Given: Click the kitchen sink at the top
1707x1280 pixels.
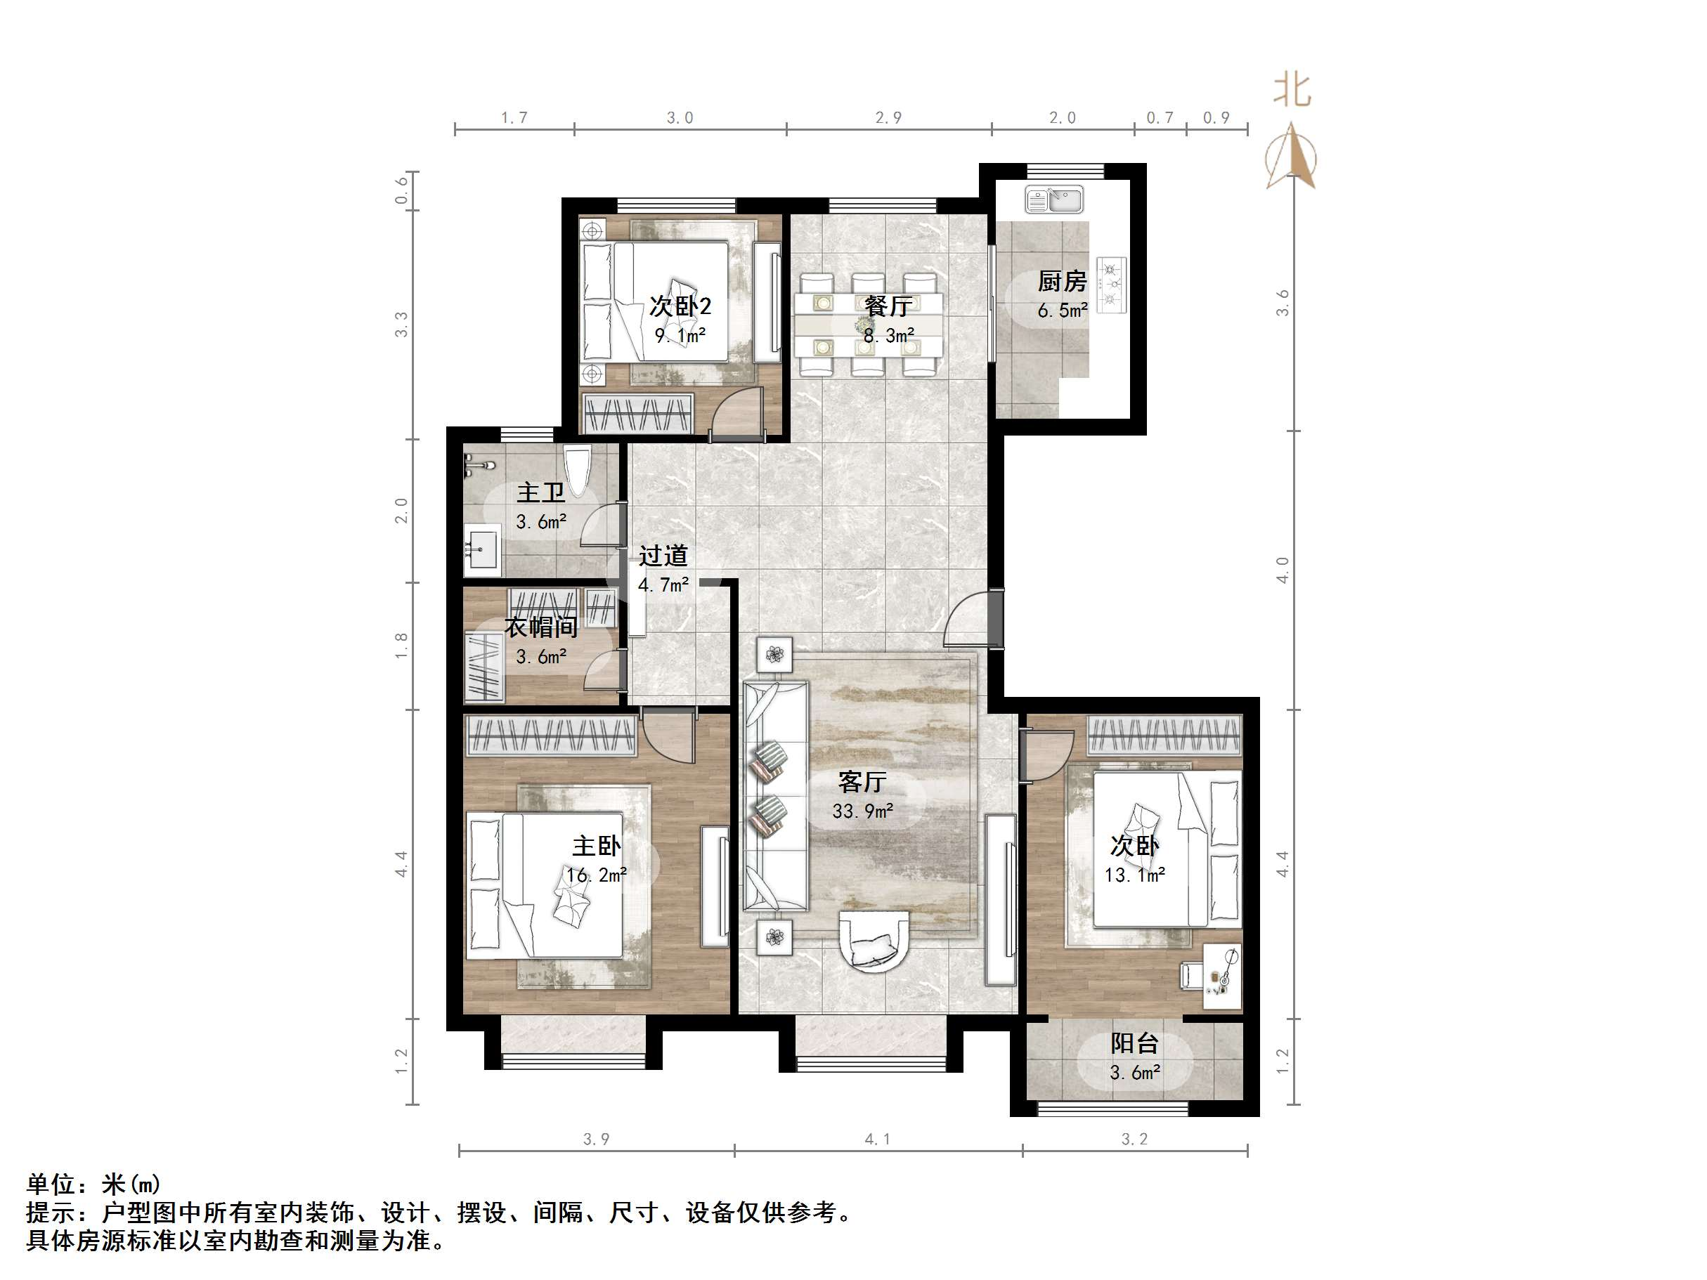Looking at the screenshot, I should [1054, 200].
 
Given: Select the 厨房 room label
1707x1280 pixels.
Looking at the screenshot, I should [1061, 282].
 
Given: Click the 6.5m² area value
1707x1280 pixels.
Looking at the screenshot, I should [1062, 311].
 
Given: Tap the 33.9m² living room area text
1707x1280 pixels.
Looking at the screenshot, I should [862, 811].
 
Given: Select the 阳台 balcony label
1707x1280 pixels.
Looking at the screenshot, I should [1134, 1044].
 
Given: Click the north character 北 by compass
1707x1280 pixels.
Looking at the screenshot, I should [1292, 89].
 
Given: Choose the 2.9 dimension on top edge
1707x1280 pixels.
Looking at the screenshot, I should [888, 118].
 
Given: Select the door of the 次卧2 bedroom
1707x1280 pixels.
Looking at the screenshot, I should [735, 413].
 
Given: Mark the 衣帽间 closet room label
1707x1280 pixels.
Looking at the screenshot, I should [541, 627].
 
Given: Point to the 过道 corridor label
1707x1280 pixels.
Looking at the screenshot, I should [663, 556].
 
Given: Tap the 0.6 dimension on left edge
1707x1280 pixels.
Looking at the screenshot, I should [401, 190].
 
